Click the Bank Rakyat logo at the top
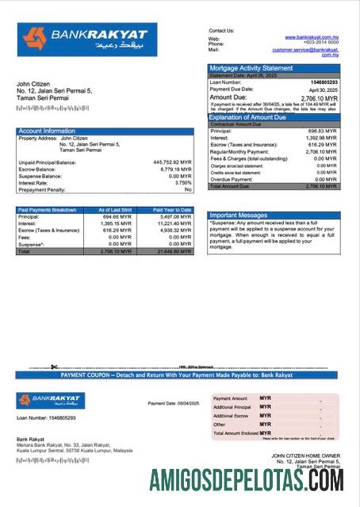tap(87, 39)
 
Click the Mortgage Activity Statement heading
tap(251, 69)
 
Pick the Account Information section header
tap(47, 131)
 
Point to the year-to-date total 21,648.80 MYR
tap(173, 251)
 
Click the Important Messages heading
tap(238, 215)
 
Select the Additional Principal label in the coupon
tap(232, 407)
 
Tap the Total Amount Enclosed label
tap(236, 433)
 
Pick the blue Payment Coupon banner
tap(179, 375)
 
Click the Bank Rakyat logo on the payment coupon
tap(50, 401)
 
